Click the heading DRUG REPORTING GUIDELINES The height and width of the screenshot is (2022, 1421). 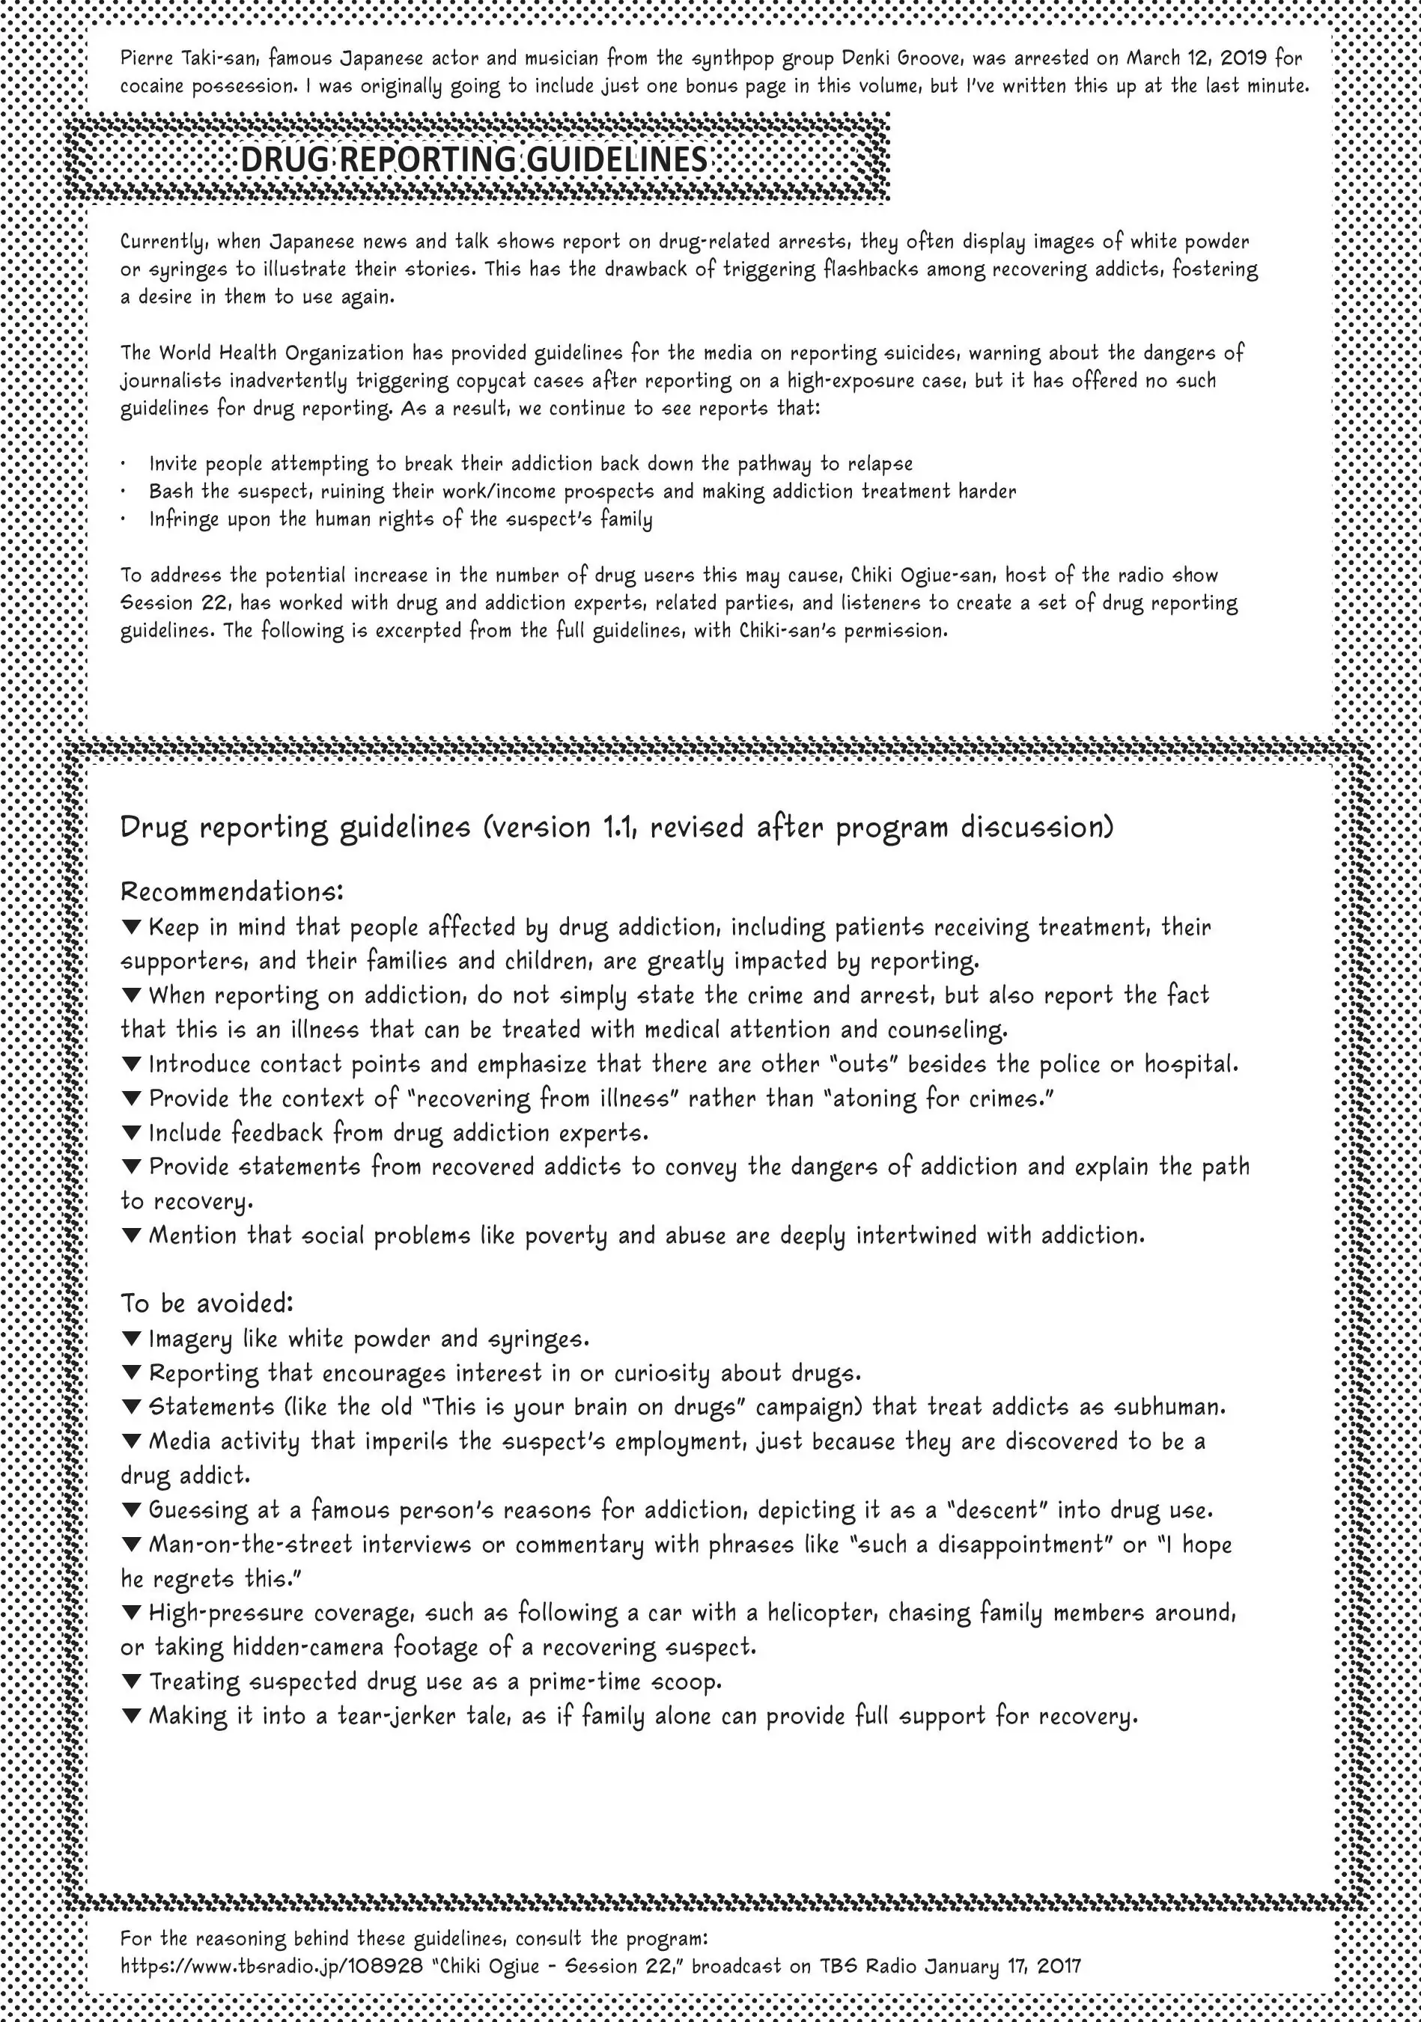pyautogui.click(x=474, y=159)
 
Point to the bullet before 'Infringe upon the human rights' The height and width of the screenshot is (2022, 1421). pyautogui.click(x=124, y=519)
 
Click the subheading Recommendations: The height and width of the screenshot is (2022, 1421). pyautogui.click(x=231, y=891)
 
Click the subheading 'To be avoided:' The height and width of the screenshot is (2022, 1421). pyautogui.click(x=207, y=1303)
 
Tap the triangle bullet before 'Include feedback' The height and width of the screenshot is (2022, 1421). pyautogui.click(x=131, y=1131)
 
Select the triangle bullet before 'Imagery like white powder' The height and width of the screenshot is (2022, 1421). pyautogui.click(x=131, y=1339)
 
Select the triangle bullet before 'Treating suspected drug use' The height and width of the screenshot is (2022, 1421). pyautogui.click(x=131, y=1682)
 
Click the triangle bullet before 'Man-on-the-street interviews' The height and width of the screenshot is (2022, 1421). pyautogui.click(x=131, y=1545)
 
